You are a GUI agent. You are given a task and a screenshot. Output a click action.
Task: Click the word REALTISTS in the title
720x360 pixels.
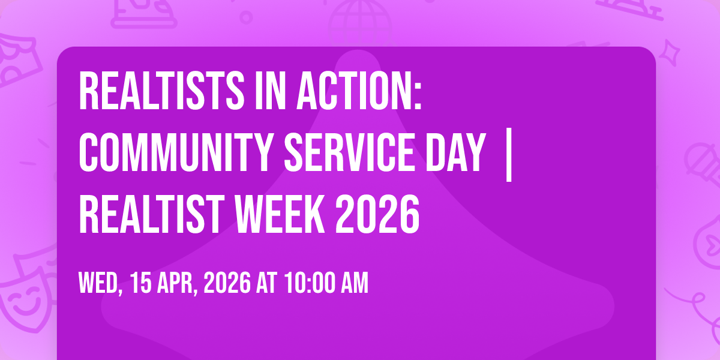pos(161,91)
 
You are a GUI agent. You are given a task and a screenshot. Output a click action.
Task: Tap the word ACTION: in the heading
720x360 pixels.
pos(359,91)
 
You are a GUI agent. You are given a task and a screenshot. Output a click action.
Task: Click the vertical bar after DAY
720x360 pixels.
pos(509,155)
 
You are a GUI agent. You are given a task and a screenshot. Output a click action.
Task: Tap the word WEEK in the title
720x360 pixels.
pos(280,214)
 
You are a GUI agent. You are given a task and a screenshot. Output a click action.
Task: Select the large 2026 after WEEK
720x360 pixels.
pos(377,214)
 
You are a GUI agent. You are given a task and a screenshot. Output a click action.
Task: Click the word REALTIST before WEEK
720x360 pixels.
pos(151,214)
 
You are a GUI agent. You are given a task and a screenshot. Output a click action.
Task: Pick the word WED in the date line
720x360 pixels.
pos(101,283)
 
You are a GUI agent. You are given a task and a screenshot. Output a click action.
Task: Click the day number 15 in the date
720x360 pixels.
pos(141,283)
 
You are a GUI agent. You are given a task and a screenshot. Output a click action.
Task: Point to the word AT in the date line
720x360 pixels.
pos(266,283)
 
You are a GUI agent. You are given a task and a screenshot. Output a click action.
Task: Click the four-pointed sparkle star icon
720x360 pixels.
pos(669,52)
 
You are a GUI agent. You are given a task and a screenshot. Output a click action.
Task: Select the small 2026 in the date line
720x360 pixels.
pos(227,283)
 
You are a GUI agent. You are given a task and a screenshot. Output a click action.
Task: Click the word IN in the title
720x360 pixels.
pos(271,91)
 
